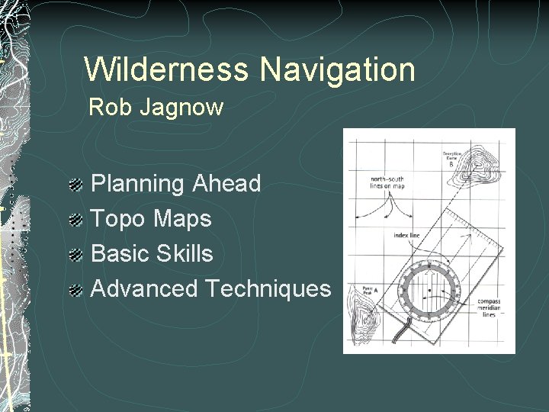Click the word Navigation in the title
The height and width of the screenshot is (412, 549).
(x=337, y=69)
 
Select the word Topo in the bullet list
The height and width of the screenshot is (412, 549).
(x=119, y=219)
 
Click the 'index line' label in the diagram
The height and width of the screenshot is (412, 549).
(x=406, y=236)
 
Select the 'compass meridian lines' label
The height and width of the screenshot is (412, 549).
(x=488, y=307)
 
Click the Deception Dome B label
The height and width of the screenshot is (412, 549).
(x=452, y=157)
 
